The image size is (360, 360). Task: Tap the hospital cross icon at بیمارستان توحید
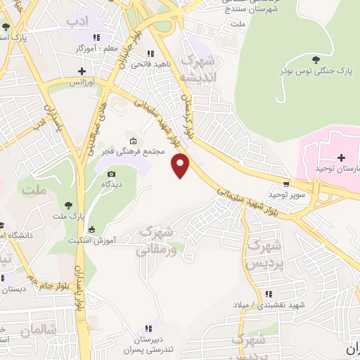(341, 157)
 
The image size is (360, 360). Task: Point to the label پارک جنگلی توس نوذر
(315, 72)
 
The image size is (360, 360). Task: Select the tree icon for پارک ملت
(68, 204)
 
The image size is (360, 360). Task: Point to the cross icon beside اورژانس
(82, 71)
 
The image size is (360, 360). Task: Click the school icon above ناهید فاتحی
(149, 53)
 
